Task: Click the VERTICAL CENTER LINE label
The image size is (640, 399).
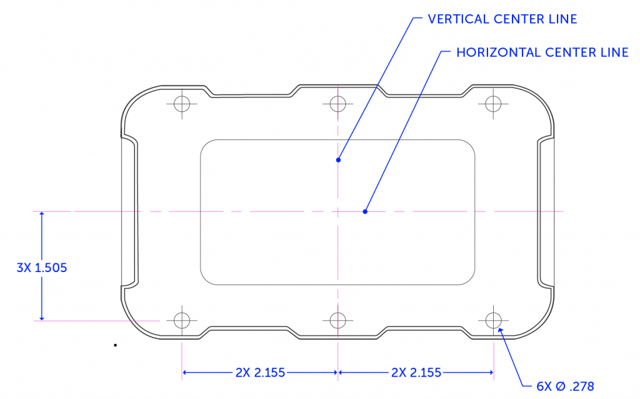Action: tap(502, 19)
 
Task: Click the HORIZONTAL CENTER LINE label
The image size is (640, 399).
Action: tap(542, 53)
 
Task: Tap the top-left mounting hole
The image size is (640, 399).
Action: tap(182, 103)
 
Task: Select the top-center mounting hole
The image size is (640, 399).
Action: tap(338, 103)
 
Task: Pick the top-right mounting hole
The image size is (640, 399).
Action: tap(494, 103)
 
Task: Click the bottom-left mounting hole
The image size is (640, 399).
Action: tap(182, 320)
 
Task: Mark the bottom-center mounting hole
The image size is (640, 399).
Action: tap(338, 320)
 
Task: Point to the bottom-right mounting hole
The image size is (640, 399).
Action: tap(494, 320)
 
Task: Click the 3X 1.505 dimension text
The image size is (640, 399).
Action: tap(41, 268)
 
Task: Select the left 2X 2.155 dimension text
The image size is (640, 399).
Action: tap(260, 373)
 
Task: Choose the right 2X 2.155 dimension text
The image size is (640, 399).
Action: tap(416, 373)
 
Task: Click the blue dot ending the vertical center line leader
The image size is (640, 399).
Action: tap(338, 159)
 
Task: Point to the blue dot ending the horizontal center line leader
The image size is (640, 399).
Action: tap(365, 211)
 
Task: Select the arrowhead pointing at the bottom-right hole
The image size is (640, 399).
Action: tap(501, 329)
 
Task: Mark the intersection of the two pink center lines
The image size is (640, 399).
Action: tap(338, 211)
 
